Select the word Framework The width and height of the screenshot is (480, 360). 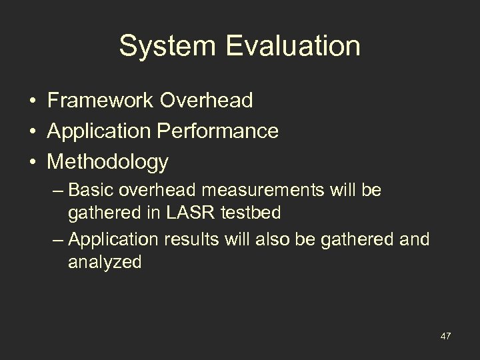coord(102,101)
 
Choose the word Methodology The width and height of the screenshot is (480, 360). coord(108,162)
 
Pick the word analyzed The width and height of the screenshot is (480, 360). coord(104,262)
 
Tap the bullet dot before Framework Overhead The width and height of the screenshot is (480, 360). coord(32,101)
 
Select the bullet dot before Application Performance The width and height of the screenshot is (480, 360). coord(32,132)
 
